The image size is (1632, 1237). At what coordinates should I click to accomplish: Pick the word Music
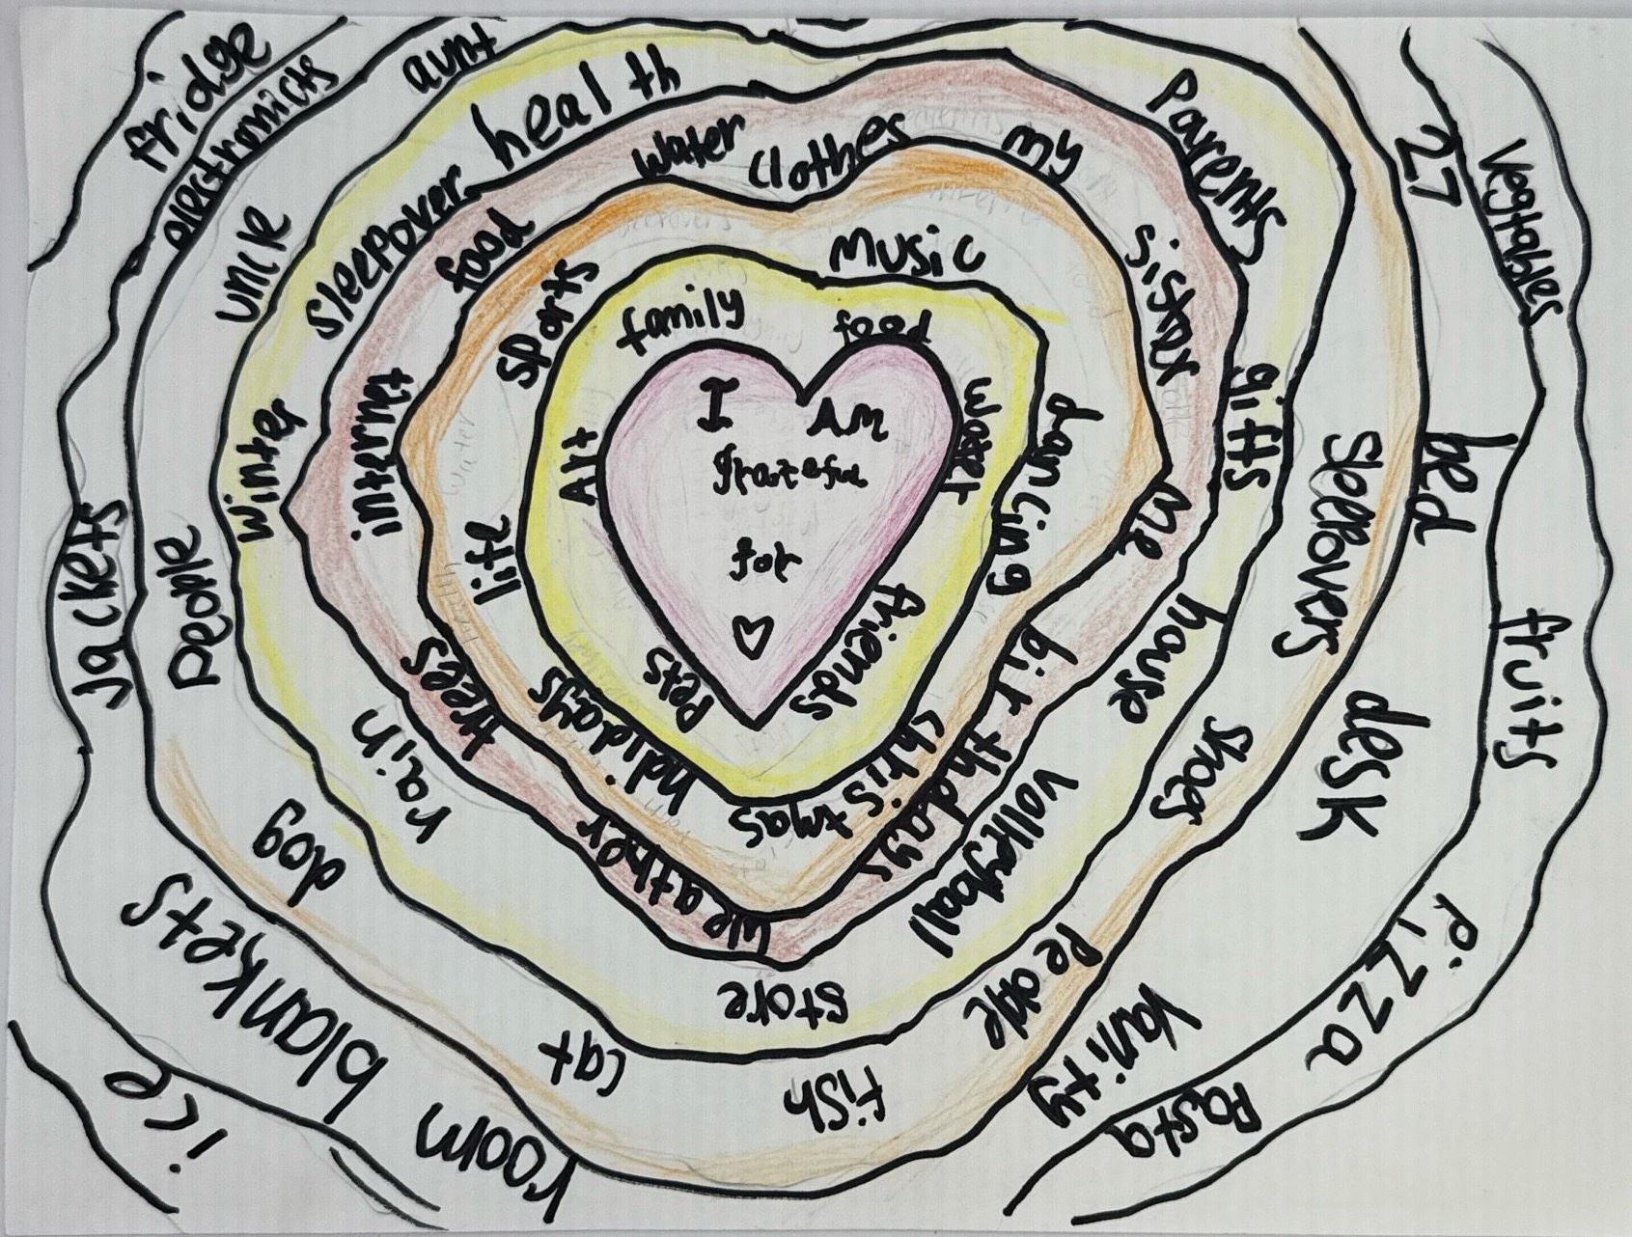pos(902,253)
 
